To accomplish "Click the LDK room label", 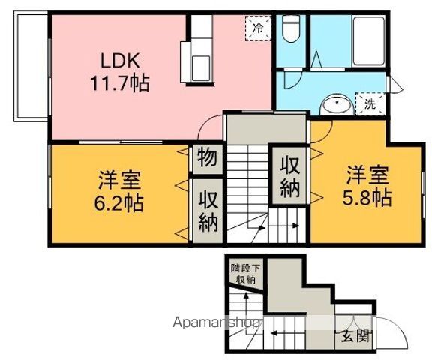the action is [x=120, y=61].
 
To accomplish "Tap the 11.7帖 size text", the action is [x=120, y=83].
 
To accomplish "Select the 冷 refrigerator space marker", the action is [x=258, y=28].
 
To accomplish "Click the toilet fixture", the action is [x=291, y=28].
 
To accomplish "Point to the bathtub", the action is [x=369, y=41].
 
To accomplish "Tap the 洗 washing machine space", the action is [x=370, y=103].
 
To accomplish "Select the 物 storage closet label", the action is [x=207, y=158].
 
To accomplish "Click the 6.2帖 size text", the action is [x=118, y=203].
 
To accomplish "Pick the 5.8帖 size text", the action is [x=367, y=198].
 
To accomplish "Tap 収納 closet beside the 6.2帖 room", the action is [x=208, y=211].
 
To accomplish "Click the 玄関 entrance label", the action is [x=356, y=336].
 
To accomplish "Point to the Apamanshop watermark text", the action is [x=215, y=322].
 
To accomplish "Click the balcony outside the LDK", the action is [x=31, y=66].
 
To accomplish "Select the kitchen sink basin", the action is [x=201, y=68].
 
